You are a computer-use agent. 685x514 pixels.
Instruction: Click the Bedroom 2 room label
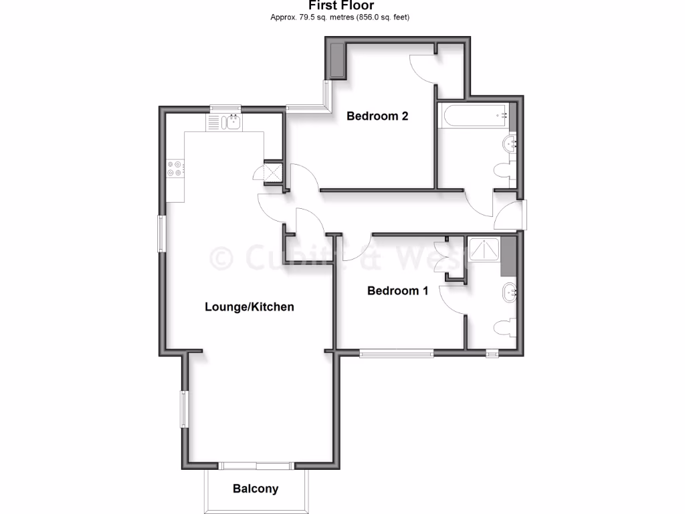coord(377,116)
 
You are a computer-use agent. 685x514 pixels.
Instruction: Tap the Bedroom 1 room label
coord(397,290)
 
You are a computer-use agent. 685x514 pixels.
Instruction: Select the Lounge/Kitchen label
coord(249,307)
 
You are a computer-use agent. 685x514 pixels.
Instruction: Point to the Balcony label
coord(256,489)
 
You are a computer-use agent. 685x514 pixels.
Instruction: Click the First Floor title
coord(340,6)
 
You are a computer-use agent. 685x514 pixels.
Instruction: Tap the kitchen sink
coord(233,122)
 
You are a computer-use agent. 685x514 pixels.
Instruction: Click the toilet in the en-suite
coord(506,329)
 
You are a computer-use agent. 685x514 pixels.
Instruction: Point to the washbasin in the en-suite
coord(510,292)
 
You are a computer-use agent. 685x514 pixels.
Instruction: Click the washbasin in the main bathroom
coord(512,142)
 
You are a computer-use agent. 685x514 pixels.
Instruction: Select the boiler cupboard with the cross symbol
coord(273,172)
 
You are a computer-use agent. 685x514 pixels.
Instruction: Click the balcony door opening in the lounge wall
coord(257,466)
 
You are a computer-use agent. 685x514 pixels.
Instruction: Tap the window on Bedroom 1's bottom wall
coord(396,353)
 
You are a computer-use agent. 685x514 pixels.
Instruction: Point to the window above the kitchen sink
coord(224,109)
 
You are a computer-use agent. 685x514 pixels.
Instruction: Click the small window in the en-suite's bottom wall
coord(492,353)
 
